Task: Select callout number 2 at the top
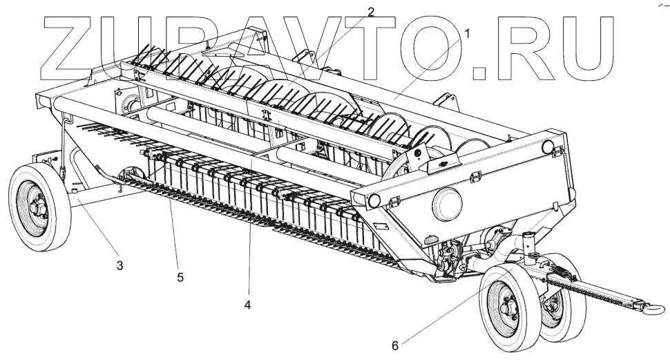coord(370,12)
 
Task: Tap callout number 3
coord(119,265)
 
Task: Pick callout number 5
coord(180,277)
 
